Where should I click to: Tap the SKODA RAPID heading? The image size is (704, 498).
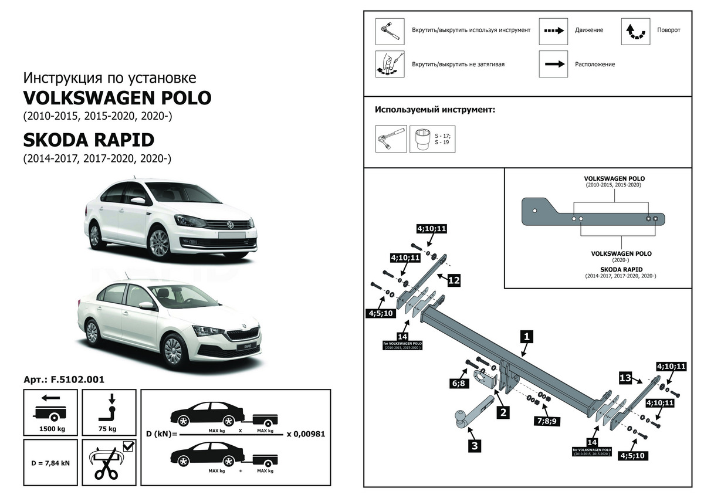pos(89,140)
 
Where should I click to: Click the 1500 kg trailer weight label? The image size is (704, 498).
pos(52,429)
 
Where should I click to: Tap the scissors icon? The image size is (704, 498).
pos(106,465)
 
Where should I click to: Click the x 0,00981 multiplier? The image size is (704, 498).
pos(306,434)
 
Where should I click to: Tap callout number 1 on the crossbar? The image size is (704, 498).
pos(527,336)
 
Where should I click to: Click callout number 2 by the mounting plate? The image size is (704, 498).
pos(503,412)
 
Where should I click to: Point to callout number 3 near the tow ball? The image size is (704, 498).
pos(474,446)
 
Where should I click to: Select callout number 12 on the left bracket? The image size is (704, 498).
pos(453,280)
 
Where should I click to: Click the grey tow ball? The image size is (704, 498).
pos(459,417)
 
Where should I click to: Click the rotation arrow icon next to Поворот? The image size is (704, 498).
pos(635,31)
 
